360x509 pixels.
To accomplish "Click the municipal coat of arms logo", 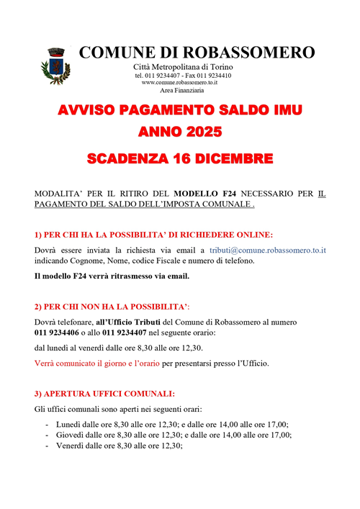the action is (x=55, y=64).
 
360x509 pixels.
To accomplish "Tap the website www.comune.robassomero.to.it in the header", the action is (x=180, y=83).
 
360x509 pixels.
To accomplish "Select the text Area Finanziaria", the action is (x=181, y=91).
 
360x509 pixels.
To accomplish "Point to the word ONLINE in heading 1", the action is (x=252, y=234).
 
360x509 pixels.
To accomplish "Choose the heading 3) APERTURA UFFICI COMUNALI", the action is (x=104, y=394).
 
